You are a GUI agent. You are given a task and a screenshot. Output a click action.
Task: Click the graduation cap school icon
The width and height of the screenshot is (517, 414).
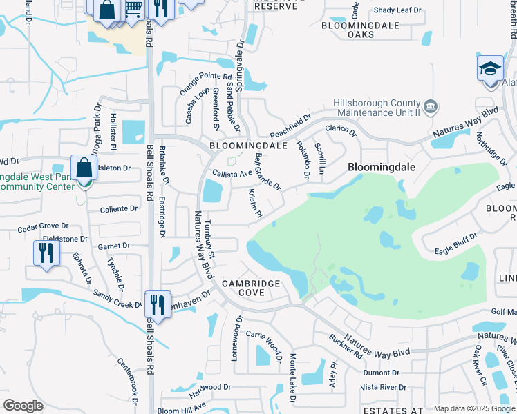490,68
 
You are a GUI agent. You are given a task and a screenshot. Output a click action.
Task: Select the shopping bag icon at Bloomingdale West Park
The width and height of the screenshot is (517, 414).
83,168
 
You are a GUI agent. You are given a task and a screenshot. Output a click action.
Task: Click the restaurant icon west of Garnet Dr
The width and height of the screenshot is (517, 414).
46,252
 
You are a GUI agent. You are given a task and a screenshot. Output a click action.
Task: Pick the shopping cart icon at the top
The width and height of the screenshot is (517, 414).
133,8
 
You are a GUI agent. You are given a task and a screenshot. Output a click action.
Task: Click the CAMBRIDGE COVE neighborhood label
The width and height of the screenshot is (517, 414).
251,288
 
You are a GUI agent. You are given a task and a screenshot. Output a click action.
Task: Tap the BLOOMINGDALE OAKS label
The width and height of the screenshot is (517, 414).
357,30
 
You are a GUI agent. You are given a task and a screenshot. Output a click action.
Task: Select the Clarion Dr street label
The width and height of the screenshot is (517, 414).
340,129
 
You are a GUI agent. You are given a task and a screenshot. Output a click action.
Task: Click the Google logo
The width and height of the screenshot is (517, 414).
23,406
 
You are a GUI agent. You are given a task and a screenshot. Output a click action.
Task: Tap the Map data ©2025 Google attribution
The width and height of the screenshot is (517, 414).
473,408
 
